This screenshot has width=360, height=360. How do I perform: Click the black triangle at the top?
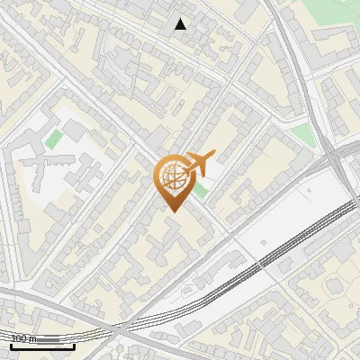click(181, 24)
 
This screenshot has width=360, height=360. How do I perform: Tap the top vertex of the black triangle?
click(181, 19)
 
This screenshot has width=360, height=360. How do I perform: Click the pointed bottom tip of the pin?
click(172, 211)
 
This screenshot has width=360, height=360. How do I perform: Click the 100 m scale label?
click(25, 338)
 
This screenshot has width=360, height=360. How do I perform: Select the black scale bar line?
click(42, 345)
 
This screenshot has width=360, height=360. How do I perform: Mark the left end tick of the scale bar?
click(11, 343)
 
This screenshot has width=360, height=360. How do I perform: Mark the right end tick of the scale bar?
click(75, 343)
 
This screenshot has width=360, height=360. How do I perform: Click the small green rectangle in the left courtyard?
click(54, 139)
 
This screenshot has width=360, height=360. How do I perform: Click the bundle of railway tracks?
click(270, 261)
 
